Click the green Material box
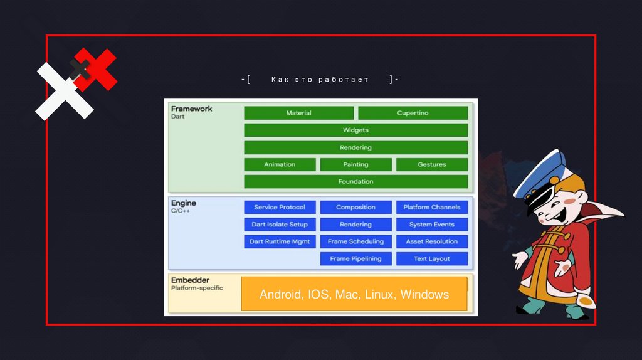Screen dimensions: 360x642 [x=298, y=113]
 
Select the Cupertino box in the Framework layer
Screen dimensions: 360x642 [x=413, y=113]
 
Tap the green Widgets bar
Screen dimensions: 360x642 [x=355, y=130]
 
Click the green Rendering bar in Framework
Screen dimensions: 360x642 [x=355, y=147]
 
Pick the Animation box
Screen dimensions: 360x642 [x=280, y=164]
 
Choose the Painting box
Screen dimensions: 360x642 [x=355, y=164]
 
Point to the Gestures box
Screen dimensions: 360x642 [x=431, y=164]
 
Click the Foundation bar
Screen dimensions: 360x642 [x=355, y=181]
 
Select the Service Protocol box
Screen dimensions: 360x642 [x=280, y=207]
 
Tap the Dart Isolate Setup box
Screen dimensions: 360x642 [x=280, y=225]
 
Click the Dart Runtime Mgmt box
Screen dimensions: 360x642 [x=280, y=241]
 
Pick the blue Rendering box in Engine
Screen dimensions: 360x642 [x=355, y=225]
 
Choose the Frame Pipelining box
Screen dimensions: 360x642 [x=355, y=258]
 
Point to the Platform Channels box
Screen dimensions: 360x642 [x=431, y=207]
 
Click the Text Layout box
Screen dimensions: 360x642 [x=431, y=258]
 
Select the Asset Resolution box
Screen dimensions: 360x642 [x=431, y=241]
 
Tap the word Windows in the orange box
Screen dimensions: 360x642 [x=424, y=294]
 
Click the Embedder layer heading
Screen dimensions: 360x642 [x=190, y=280]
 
